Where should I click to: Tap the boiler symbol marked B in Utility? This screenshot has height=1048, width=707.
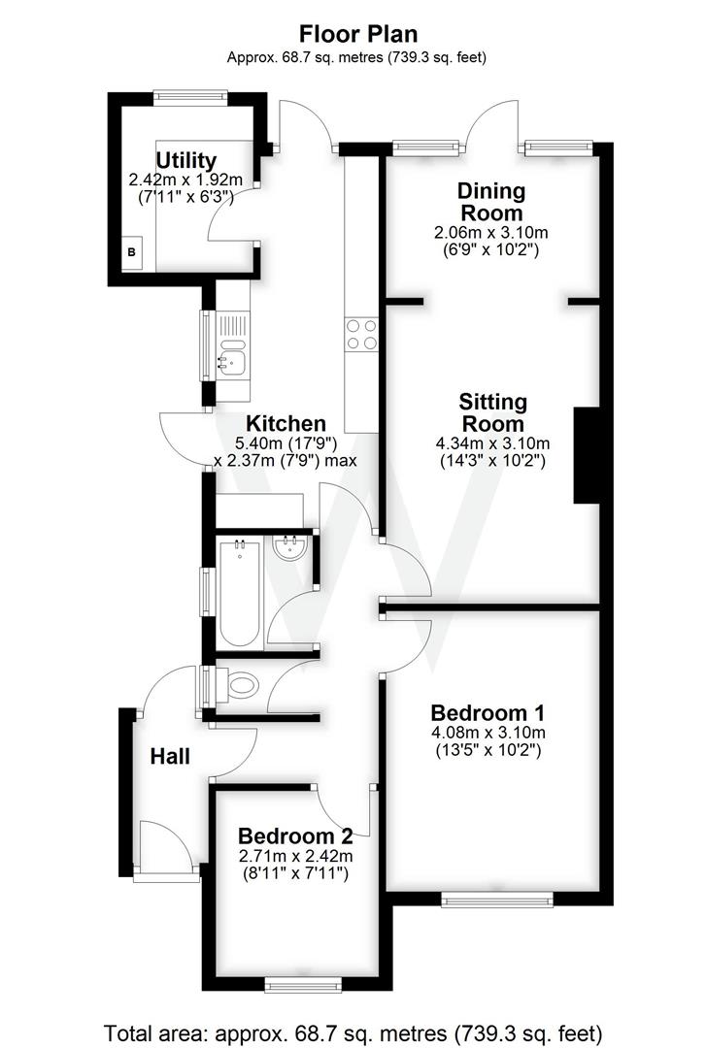coord(132,253)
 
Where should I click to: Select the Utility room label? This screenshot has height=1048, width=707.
coord(185,160)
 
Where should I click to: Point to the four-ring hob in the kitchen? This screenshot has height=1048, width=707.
coord(361,335)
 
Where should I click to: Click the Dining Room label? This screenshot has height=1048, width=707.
coord(490,201)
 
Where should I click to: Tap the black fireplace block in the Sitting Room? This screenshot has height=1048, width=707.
coord(586,455)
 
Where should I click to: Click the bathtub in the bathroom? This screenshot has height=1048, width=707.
coord(239,595)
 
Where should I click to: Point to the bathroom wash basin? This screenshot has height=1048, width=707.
coord(291,550)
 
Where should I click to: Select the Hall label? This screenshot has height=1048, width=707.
coord(170,756)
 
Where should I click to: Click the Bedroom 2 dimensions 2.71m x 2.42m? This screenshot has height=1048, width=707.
coord(295,856)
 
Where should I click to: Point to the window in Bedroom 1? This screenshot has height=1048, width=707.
coord(496,901)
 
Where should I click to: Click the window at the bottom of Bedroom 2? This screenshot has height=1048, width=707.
coord(302,986)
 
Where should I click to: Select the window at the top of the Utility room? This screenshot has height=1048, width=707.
coord(189,96)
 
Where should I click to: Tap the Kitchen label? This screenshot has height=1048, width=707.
coord(286,424)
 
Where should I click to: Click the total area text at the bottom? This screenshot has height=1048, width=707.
coord(353,1031)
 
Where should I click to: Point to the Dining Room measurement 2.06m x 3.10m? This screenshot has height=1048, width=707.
coord(490,234)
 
